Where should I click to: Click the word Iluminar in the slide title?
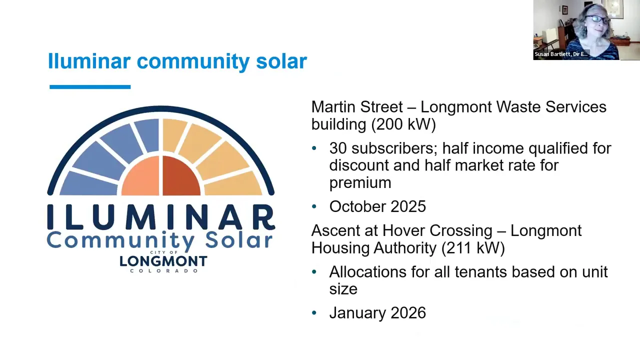pos(89,61)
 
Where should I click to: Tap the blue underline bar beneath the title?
pos(90,87)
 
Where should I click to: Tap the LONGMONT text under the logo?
pos(163,261)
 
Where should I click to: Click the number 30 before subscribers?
pos(337,148)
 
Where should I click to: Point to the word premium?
pos(360,183)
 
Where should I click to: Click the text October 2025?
pos(377,206)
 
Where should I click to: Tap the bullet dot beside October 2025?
pos(314,206)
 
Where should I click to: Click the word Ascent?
pos(344,231)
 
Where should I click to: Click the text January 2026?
pos(377,313)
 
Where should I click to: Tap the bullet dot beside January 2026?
pos(314,313)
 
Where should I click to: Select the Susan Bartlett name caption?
pos(560,54)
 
